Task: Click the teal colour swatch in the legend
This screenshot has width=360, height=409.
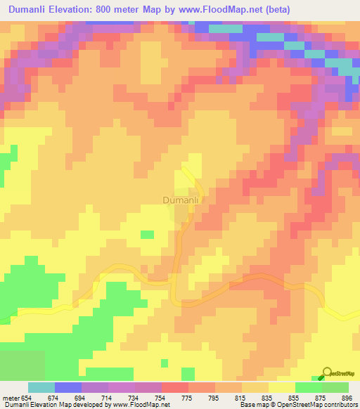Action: click(41, 387)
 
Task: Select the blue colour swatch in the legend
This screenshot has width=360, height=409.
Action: click(68, 387)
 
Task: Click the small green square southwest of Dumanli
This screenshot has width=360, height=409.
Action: click(148, 234)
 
